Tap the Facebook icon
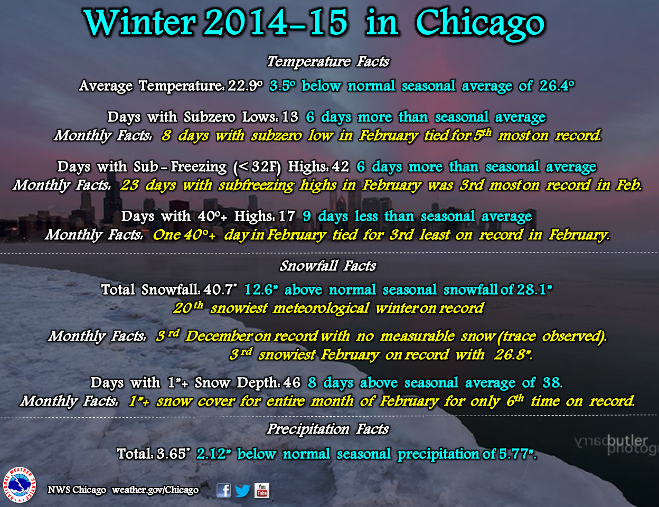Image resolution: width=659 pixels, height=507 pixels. click(x=223, y=490)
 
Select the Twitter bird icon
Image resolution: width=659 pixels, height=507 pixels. click(x=242, y=491)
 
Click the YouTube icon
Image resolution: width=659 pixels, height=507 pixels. click(x=262, y=490)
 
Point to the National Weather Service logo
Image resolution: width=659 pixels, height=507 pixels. click(x=20, y=485)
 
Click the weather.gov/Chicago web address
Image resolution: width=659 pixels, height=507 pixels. click(x=155, y=490)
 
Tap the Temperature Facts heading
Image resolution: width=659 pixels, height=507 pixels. click(x=328, y=62)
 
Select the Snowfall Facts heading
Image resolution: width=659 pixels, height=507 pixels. click(x=327, y=266)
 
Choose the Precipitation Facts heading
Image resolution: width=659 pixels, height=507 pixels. click(x=327, y=429)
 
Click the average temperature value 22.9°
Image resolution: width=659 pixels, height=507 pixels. click(x=246, y=86)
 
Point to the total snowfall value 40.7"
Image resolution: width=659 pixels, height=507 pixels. click(x=220, y=289)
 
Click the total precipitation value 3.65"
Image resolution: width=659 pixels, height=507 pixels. click(x=173, y=454)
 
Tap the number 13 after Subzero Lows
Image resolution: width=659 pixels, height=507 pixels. click(x=290, y=117)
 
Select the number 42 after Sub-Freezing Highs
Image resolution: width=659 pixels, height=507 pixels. click(x=340, y=167)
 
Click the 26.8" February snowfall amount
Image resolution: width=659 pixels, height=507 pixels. click(x=513, y=355)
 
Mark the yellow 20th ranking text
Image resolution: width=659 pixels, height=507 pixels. click(x=189, y=308)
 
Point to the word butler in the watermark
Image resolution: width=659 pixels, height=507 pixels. click(x=627, y=441)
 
